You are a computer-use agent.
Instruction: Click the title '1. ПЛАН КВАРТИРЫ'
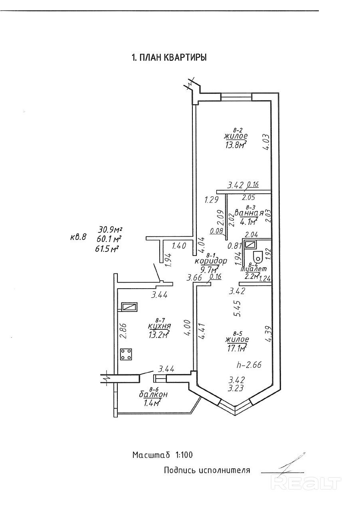[x=169, y=58]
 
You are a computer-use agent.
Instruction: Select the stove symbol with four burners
[x=127, y=354]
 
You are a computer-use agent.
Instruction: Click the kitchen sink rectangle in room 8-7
[x=129, y=307]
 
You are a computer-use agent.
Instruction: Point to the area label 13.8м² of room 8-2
[x=235, y=145]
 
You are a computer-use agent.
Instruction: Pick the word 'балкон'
[x=153, y=394]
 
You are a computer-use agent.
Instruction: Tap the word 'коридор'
[x=211, y=261]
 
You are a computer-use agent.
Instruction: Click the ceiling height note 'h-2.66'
[x=249, y=364]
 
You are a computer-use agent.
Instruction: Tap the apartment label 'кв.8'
[x=78, y=237]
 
